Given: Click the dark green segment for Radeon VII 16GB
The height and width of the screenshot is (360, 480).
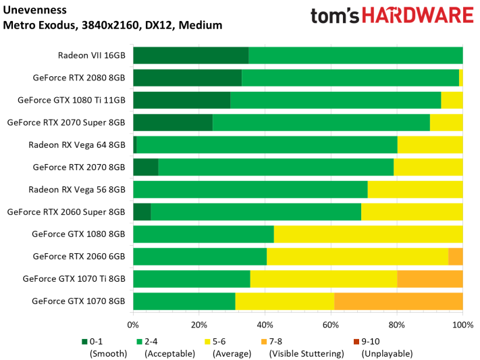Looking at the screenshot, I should click(x=191, y=55).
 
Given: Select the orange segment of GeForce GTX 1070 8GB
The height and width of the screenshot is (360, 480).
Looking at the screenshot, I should click(x=398, y=301).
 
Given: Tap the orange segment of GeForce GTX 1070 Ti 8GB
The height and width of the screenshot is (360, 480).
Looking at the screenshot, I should click(x=429, y=279).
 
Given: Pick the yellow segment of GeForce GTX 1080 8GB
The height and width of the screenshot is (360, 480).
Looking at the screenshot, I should click(x=368, y=234).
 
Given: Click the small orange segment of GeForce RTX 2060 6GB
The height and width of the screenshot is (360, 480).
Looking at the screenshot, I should click(x=455, y=257).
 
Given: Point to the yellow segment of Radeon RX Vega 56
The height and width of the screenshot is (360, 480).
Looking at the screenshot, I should click(x=415, y=190).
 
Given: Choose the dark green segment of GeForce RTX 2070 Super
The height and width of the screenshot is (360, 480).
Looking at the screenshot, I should click(x=173, y=122).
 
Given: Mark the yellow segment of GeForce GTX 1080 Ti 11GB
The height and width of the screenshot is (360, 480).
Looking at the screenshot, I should click(x=452, y=100).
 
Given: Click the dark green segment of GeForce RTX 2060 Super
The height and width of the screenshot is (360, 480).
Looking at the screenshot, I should click(x=142, y=212).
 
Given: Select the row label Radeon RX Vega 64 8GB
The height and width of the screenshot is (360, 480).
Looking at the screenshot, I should click(x=76, y=145).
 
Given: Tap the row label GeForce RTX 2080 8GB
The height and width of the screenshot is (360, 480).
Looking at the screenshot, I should click(x=79, y=78).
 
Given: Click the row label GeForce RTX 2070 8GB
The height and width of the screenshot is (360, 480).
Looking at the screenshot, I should click(x=79, y=167).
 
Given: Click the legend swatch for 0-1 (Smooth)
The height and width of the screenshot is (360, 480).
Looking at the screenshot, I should click(x=84, y=341).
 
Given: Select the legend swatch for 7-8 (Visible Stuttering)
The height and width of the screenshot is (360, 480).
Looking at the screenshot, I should click(x=264, y=341).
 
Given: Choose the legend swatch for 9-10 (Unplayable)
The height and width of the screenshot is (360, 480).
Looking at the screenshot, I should click(x=356, y=341).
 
